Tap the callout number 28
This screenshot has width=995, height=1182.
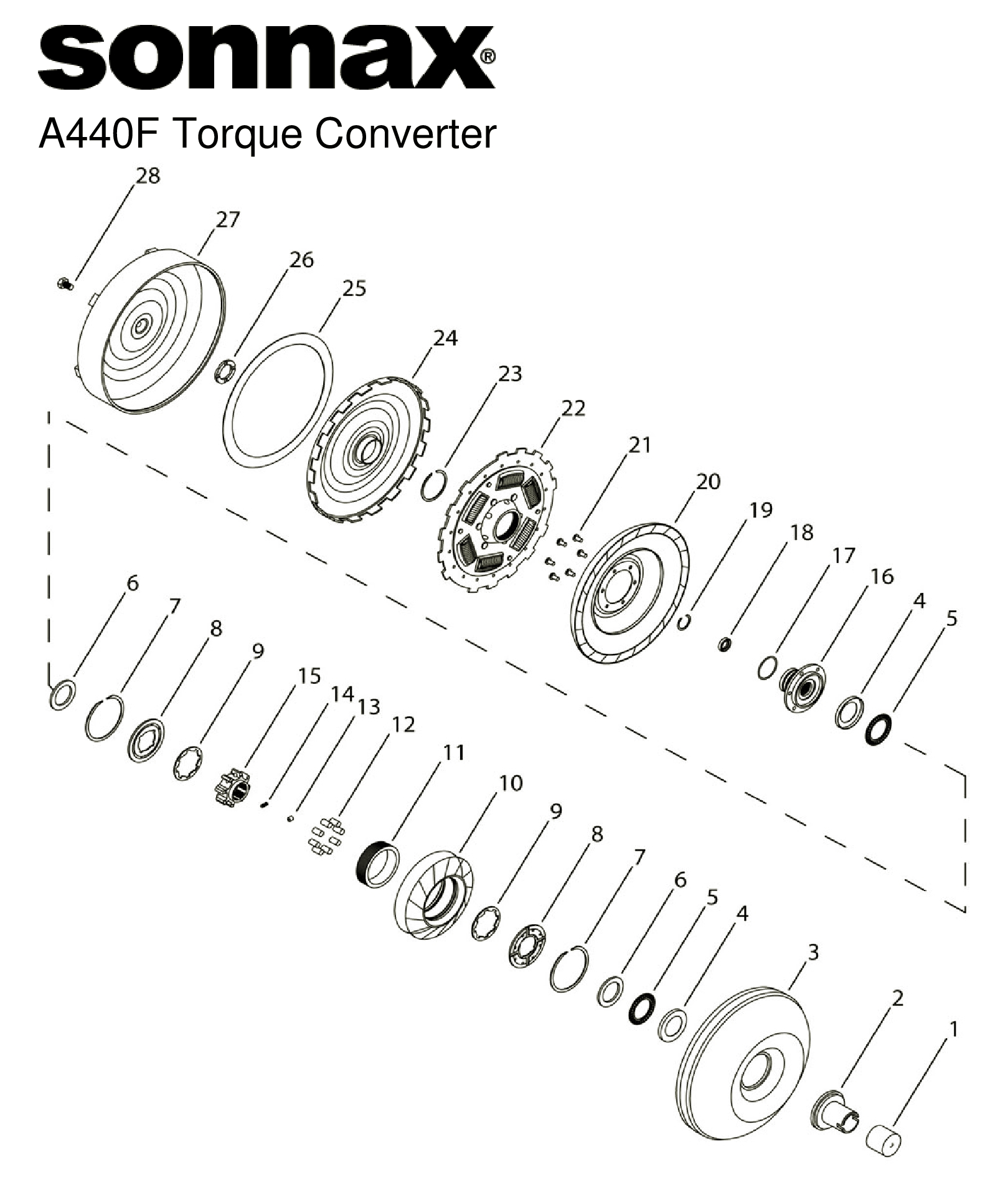[148, 176]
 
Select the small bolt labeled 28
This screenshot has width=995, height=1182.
[63, 285]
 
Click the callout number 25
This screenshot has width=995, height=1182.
[353, 288]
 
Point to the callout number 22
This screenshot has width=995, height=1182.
[573, 409]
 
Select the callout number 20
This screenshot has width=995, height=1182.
[708, 481]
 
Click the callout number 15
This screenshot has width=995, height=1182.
[309, 676]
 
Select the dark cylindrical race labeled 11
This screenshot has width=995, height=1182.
[377, 864]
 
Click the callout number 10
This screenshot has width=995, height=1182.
[510, 783]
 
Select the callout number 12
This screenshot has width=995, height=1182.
[403, 724]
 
